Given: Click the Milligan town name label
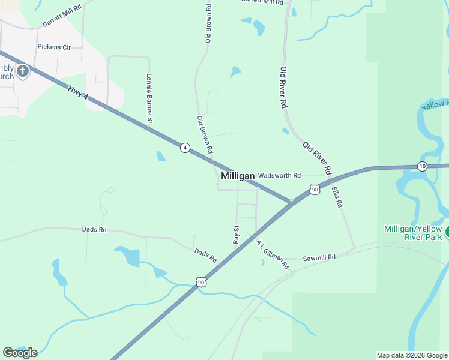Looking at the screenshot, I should tap(238, 176).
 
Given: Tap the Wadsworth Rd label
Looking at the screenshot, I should tap(279, 176).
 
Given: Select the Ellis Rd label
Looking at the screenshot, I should tap(337, 196).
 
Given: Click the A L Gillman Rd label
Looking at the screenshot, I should tap(273, 254).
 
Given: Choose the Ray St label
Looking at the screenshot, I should tap(237, 234).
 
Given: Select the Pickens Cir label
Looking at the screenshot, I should tap(54, 46).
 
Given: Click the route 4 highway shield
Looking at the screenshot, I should tap(185, 147).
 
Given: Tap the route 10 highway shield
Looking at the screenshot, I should tap(423, 166).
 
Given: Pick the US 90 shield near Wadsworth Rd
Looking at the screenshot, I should tap(315, 190).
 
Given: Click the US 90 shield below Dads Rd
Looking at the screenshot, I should tap(200, 281).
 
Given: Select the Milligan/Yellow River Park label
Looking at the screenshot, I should tap(413, 233).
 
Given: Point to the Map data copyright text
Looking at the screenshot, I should tap(412, 355).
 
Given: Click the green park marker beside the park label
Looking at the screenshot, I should tap(447, 229).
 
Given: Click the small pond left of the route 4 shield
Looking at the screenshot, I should tap(161, 157).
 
